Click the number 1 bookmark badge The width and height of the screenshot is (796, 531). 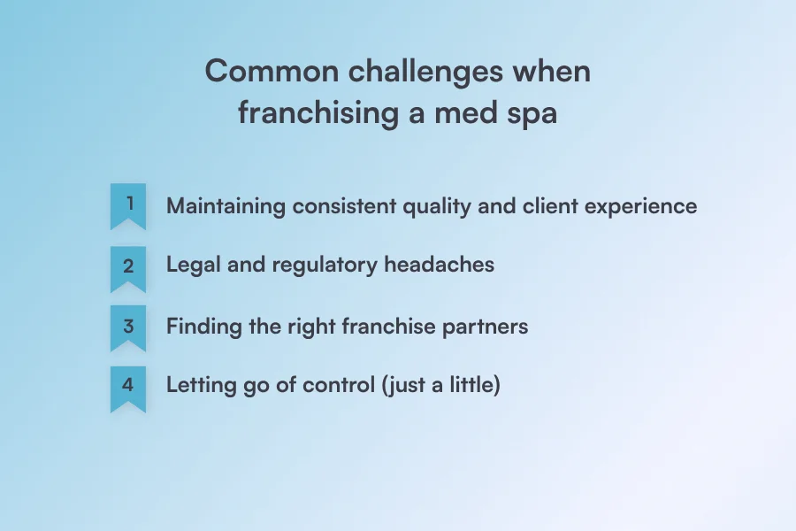128,205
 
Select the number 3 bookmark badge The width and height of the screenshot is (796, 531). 128,327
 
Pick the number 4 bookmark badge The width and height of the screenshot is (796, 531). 128,388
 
